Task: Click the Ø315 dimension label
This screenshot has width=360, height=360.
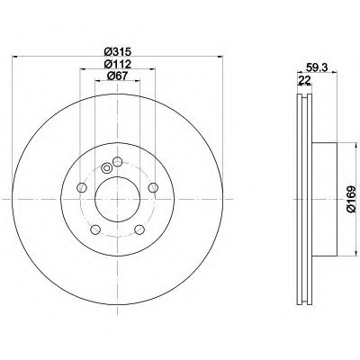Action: pos(118,51)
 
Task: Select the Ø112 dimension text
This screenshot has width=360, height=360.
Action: pos(118,64)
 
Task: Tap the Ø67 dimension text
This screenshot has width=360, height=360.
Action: pos(118,76)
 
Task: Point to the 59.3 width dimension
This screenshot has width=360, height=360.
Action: pos(317,67)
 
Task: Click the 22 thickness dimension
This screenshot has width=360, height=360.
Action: pos(303,80)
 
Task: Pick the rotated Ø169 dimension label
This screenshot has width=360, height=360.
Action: pos(351,199)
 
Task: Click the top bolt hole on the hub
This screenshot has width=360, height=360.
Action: pos(117,162)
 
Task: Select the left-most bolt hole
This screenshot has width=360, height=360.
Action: pos(82,188)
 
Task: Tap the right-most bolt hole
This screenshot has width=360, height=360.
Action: pos(153,188)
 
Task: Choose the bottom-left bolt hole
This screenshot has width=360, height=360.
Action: pos(95,229)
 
